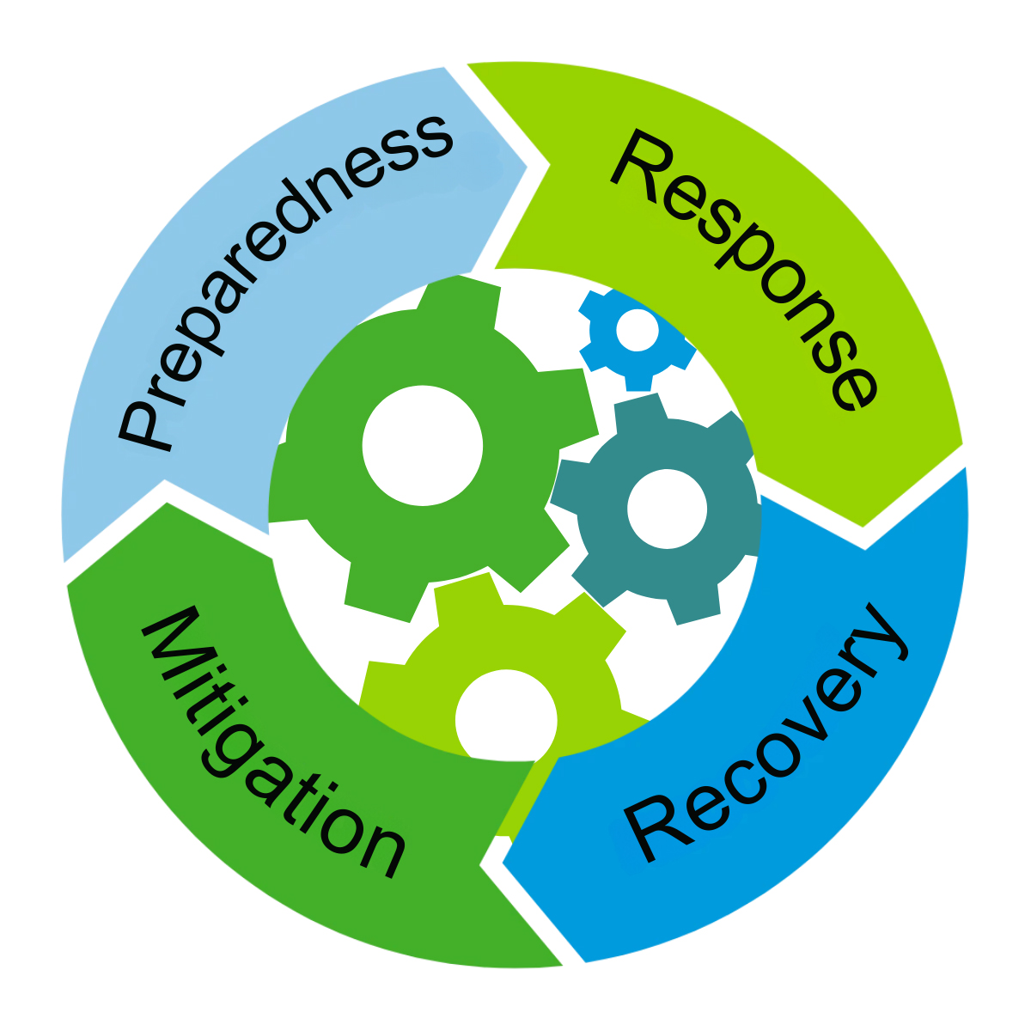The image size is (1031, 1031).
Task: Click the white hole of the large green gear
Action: click(x=422, y=445)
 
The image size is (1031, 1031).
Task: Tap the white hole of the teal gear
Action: click(x=667, y=509)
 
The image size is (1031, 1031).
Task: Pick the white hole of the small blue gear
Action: click(x=637, y=329)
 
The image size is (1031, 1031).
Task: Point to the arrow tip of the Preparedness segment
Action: click(x=525, y=163)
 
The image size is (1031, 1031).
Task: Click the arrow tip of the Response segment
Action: click(x=863, y=525)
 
